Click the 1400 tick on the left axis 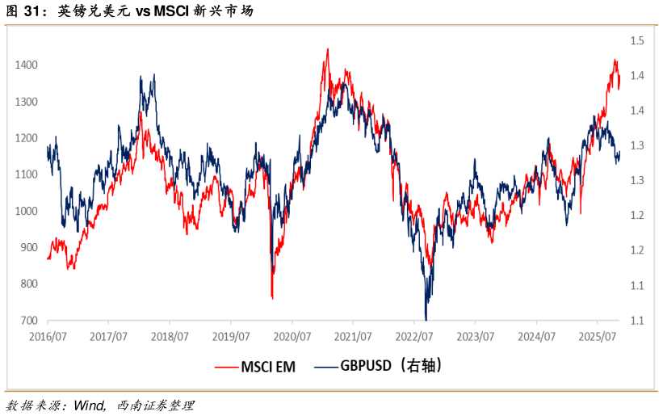point(27,65)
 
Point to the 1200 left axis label point(27,138)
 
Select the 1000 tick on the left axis point(27,211)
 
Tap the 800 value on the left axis point(29,284)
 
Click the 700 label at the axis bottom point(29,321)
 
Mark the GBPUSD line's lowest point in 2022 point(426,319)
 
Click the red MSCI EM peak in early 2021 point(327,49)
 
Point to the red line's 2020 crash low point(272,298)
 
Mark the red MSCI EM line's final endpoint point(619,87)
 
